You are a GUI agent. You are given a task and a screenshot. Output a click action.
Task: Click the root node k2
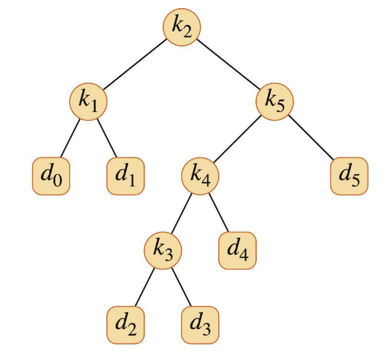point(182,27)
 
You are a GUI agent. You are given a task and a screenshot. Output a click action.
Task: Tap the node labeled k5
point(275,101)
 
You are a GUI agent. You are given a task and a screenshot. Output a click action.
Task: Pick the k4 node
point(200,176)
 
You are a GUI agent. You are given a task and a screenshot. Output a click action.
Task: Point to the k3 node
point(163,251)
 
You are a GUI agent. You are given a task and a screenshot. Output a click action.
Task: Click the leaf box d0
point(51,176)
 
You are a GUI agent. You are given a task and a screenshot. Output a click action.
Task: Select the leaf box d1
point(125,176)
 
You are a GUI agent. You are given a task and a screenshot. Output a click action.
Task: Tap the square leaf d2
point(125,325)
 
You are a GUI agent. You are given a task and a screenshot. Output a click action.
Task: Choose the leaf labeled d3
point(200,325)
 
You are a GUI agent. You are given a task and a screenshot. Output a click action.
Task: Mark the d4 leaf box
point(237,251)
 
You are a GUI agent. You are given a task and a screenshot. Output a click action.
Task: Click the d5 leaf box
point(350,176)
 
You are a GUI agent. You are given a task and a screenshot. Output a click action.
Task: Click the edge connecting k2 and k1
point(135,64)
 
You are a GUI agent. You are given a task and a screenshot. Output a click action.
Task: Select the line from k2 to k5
point(228,64)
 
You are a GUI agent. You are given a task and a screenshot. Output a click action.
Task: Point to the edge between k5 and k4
point(237,139)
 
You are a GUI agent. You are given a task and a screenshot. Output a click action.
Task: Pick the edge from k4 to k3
point(181,214)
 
